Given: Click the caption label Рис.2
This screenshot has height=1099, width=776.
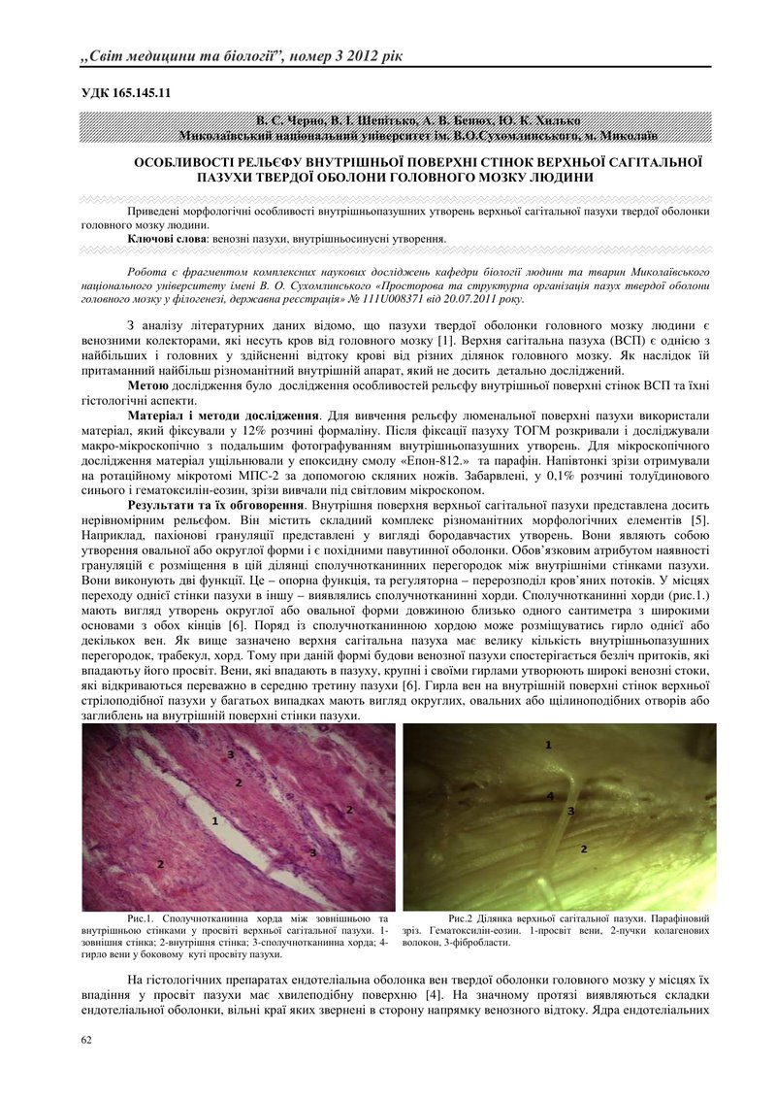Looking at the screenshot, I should point(465,916).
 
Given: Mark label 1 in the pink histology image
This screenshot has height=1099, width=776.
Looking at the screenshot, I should point(214,820).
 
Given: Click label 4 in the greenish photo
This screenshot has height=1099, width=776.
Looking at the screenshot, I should point(549,796).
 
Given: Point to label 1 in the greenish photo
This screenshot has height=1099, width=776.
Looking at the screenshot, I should point(548,745).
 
